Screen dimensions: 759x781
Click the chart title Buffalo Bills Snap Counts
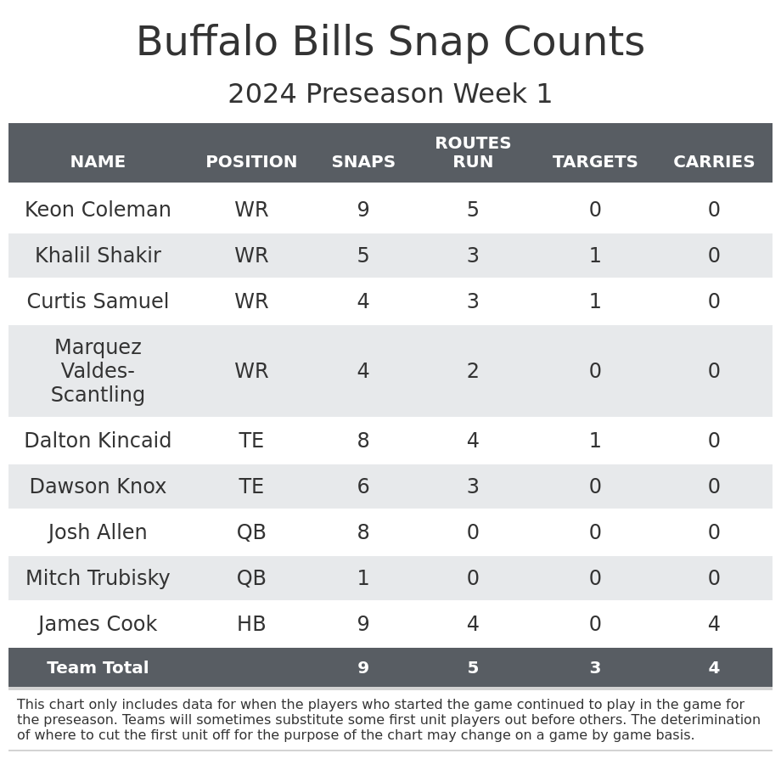click(x=390, y=42)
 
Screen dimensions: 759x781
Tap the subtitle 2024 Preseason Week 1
click(x=390, y=94)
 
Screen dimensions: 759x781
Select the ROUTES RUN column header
click(x=473, y=153)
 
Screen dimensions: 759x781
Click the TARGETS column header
click(x=595, y=162)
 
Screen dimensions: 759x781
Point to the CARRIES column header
click(x=714, y=162)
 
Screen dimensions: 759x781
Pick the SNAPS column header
click(x=363, y=162)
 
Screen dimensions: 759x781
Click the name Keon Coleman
click(x=98, y=210)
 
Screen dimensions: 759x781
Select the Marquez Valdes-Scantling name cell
click(x=98, y=371)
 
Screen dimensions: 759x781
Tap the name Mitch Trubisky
click(x=98, y=578)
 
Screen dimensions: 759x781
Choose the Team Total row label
click(x=98, y=668)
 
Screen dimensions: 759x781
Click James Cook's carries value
click(x=714, y=624)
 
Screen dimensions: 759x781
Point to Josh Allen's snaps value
click(x=363, y=532)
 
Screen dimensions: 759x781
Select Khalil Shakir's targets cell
click(x=595, y=256)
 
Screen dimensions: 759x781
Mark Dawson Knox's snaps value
click(x=363, y=486)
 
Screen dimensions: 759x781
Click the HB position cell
click(x=251, y=624)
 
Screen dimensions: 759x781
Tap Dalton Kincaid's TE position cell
click(x=251, y=441)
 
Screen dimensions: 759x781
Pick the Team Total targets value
click(x=595, y=668)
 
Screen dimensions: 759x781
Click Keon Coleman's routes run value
click(x=473, y=210)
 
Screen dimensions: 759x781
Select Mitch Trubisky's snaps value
click(x=363, y=578)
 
